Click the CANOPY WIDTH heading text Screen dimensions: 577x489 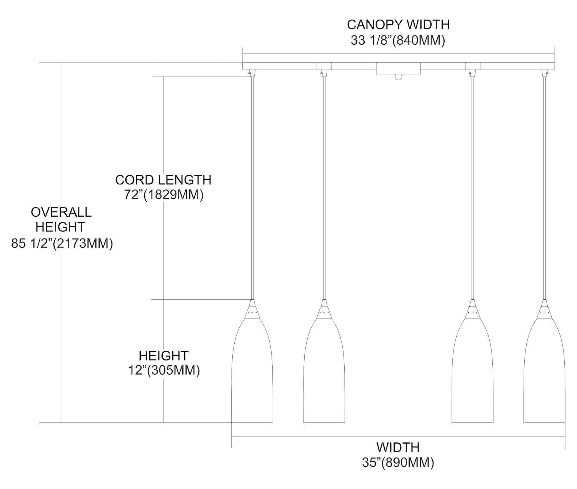tap(398, 25)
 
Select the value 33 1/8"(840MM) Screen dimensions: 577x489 tap(398, 40)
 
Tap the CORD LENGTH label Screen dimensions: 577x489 tap(163, 180)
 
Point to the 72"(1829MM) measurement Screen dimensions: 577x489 tap(164, 194)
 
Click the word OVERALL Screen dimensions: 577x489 tap(61, 213)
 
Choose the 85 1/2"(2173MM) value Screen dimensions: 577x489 tap(62, 243)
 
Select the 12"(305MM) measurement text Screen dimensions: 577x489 tap(164, 370)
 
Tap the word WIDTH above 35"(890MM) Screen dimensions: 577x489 tap(398, 447)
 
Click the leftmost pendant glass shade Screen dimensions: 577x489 tap(252, 370)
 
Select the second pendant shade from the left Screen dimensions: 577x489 tap(324, 370)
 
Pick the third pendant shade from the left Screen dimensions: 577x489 tap(472, 370)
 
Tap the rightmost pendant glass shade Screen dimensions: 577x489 tap(544, 370)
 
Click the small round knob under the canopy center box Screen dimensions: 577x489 tap(399, 77)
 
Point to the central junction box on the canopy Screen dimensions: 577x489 tap(399, 69)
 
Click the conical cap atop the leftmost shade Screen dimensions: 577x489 tap(252, 309)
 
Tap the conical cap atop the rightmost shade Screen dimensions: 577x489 tap(544, 309)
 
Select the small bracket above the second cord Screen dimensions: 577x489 tap(324, 66)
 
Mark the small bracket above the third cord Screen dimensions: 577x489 tap(473, 66)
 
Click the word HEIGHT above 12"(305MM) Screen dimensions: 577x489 tap(163, 356)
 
